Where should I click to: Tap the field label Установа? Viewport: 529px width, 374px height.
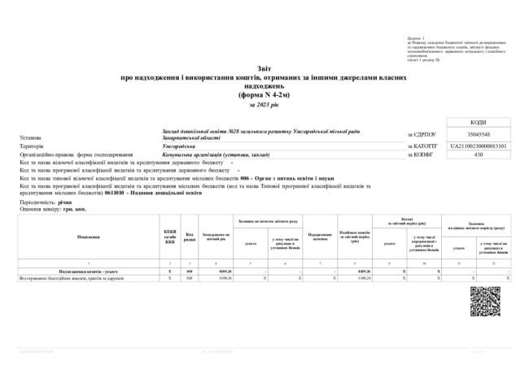[31, 137]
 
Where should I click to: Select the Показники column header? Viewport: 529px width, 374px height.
[90, 237]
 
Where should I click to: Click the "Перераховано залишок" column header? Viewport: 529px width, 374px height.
[319, 237]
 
